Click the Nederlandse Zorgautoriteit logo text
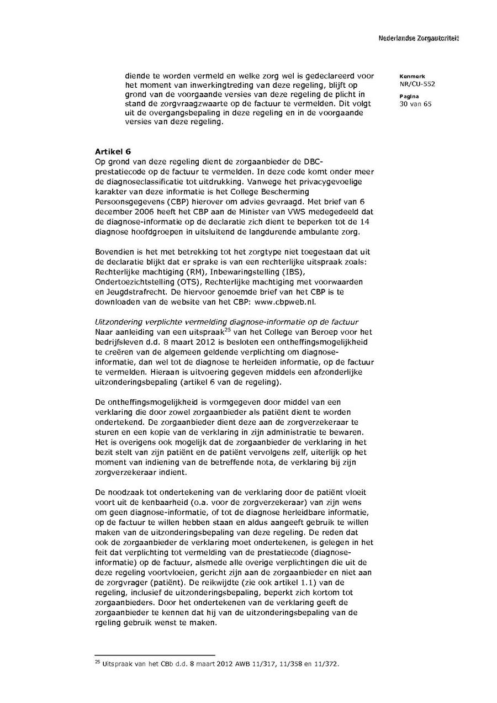click(419, 38)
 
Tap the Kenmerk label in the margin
click(409, 76)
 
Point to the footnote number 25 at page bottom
click(97, 662)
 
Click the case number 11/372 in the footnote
click(327, 664)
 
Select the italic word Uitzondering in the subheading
click(118, 321)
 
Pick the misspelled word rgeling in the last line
click(108, 622)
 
